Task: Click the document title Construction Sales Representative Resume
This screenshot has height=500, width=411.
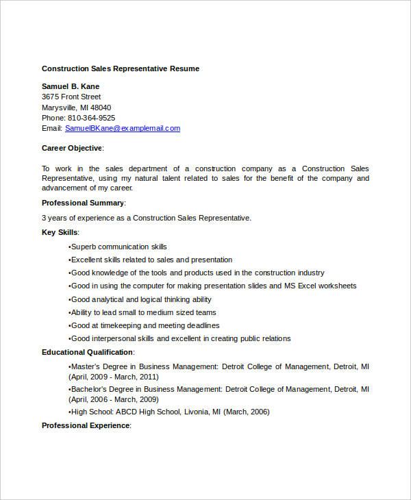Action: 121,68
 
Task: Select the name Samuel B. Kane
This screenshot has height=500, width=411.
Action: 71,86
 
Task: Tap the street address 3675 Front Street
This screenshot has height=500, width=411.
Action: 71,97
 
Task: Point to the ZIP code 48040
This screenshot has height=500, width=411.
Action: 101,108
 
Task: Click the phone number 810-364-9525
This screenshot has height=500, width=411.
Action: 91,118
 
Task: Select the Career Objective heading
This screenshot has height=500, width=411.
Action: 72,148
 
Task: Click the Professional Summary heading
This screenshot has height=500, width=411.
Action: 84,203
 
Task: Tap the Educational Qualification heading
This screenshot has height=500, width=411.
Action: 88,352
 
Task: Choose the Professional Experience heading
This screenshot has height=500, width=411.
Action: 86,425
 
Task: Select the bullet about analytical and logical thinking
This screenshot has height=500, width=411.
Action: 140,299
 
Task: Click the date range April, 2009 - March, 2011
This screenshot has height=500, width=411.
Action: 115,377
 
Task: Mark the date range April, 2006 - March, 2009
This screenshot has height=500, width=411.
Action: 115,399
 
